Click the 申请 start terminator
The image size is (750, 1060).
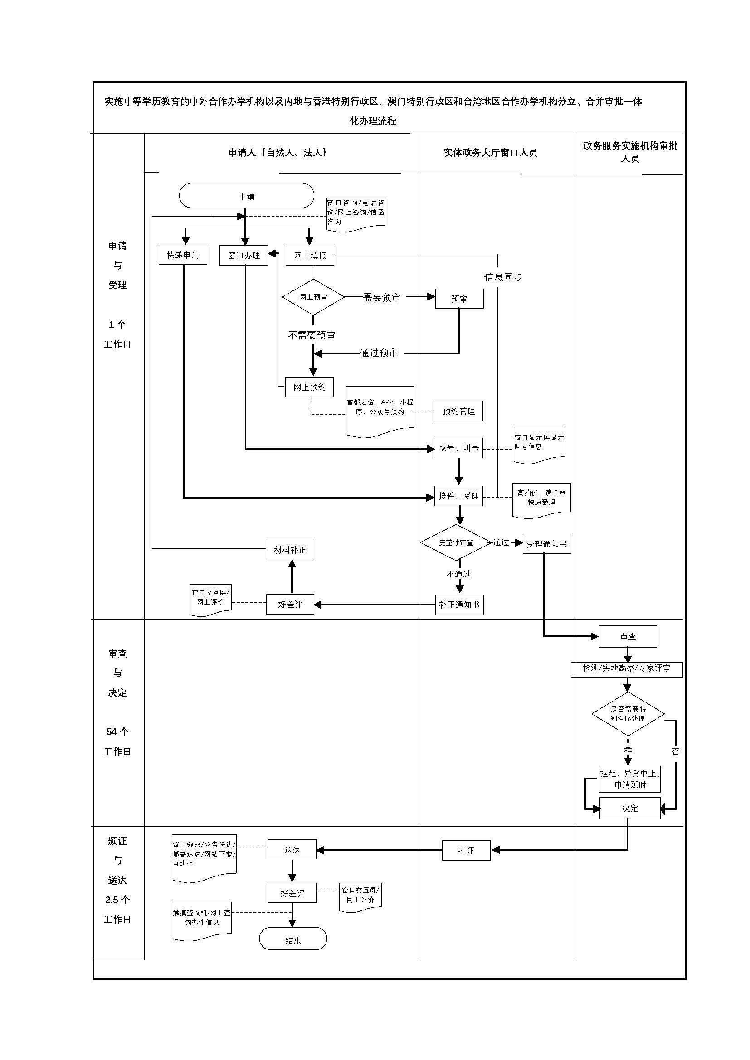pos(247,196)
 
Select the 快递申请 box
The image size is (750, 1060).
pos(183,255)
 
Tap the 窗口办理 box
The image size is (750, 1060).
pos(244,255)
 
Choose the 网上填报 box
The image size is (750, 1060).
pos(310,255)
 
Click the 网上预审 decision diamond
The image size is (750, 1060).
pos(313,297)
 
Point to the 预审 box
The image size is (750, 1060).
pos(459,299)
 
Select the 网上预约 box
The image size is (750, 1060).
pos(309,387)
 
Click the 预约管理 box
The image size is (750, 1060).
pos(458,411)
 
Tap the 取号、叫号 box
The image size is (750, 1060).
pos(458,448)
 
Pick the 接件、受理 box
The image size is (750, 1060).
pos(458,496)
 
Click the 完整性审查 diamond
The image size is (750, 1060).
pos(456,542)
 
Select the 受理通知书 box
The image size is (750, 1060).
pos(547,544)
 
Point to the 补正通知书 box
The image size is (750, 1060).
pos(459,605)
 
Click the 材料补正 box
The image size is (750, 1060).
pos(290,550)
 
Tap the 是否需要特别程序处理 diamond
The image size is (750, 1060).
pos(628,714)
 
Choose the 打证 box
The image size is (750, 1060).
pos(466,850)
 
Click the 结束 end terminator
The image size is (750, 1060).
pos(293,940)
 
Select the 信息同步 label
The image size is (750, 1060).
pos(503,277)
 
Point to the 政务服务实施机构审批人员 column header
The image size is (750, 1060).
pos(630,152)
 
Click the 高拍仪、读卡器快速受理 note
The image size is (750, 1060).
pos(541,498)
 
